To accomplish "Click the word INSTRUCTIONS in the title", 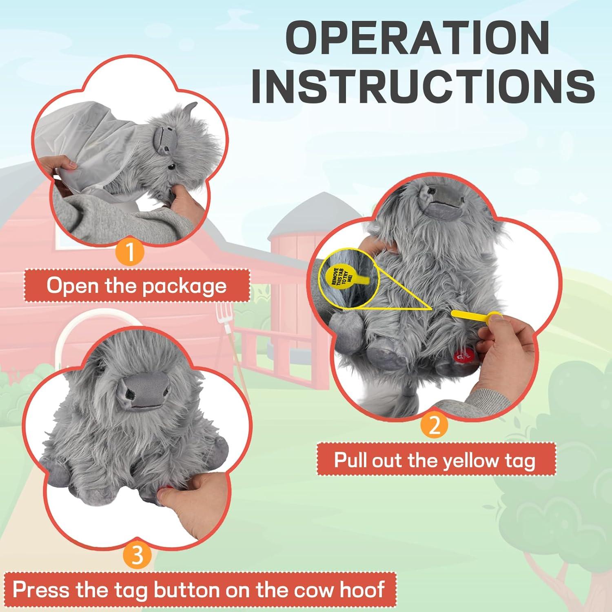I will coord(423,86).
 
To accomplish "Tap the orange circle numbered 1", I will coord(130,252).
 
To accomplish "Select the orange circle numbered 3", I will coord(138,555).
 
